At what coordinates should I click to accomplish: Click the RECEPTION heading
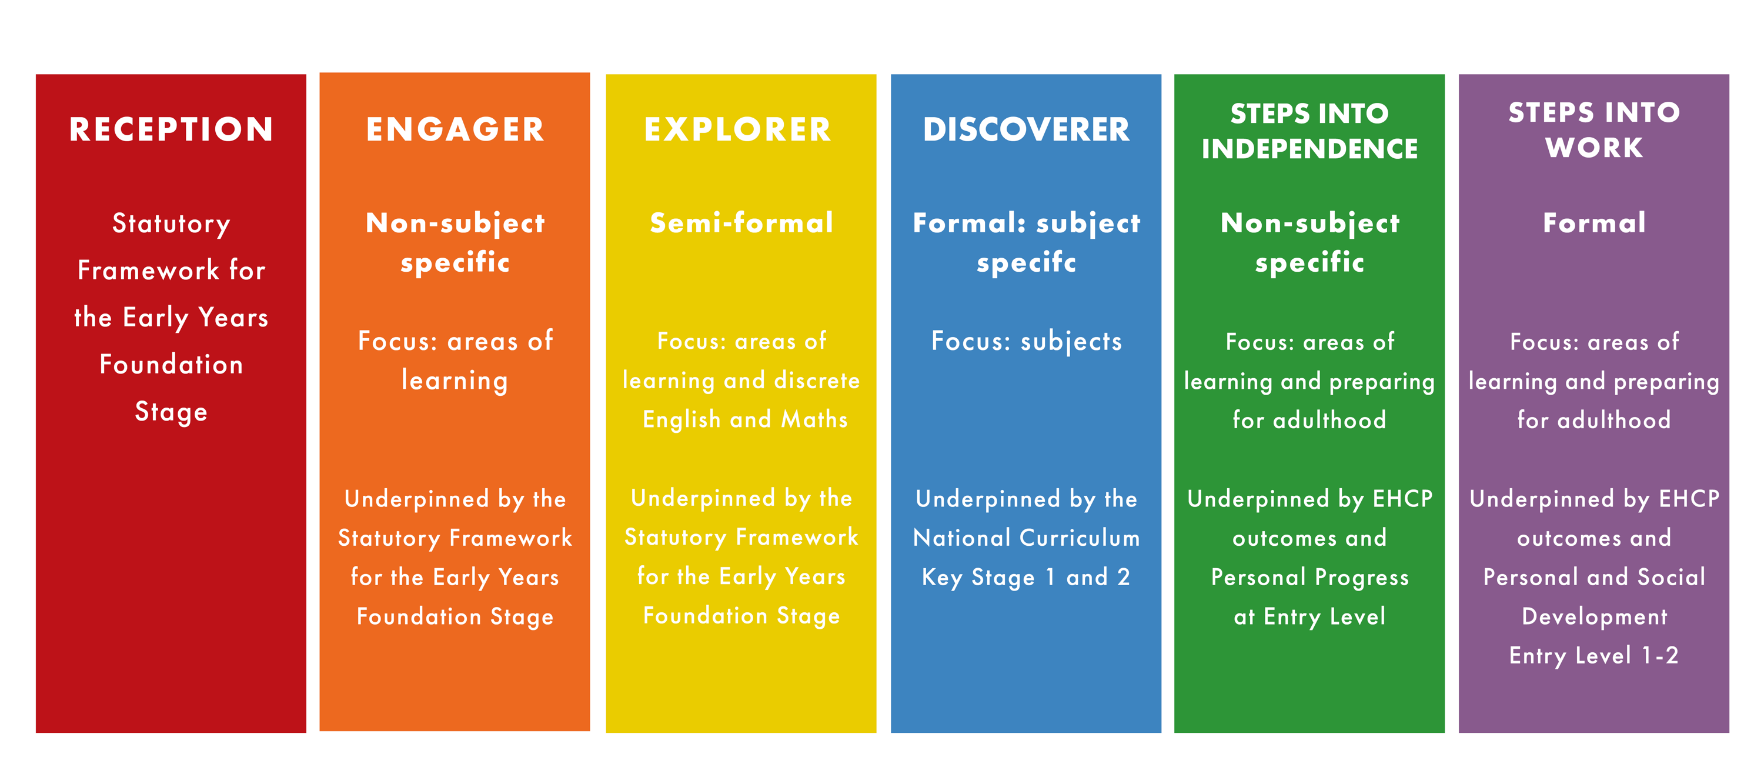tap(171, 129)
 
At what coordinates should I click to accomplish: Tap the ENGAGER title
tap(455, 129)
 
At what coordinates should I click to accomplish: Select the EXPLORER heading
tap(737, 129)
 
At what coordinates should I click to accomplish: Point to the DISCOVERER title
tap(1026, 129)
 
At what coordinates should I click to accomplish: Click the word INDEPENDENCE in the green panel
tap(1309, 149)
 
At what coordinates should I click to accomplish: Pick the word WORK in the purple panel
tap(1594, 147)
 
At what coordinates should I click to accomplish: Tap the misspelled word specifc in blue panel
tap(1026, 262)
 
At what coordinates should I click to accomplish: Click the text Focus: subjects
tap(1027, 341)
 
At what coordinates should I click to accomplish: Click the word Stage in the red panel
tap(171, 412)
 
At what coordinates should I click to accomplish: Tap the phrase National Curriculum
tap(1027, 538)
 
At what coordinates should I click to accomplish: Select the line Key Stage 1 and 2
tap(1026, 577)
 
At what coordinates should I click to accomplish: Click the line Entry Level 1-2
tap(1593, 655)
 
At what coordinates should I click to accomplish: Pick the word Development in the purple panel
tap(1594, 616)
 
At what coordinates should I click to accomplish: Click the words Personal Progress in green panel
tap(1310, 577)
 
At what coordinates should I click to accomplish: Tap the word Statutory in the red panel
tap(171, 224)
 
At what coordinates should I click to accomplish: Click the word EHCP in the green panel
tap(1402, 499)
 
